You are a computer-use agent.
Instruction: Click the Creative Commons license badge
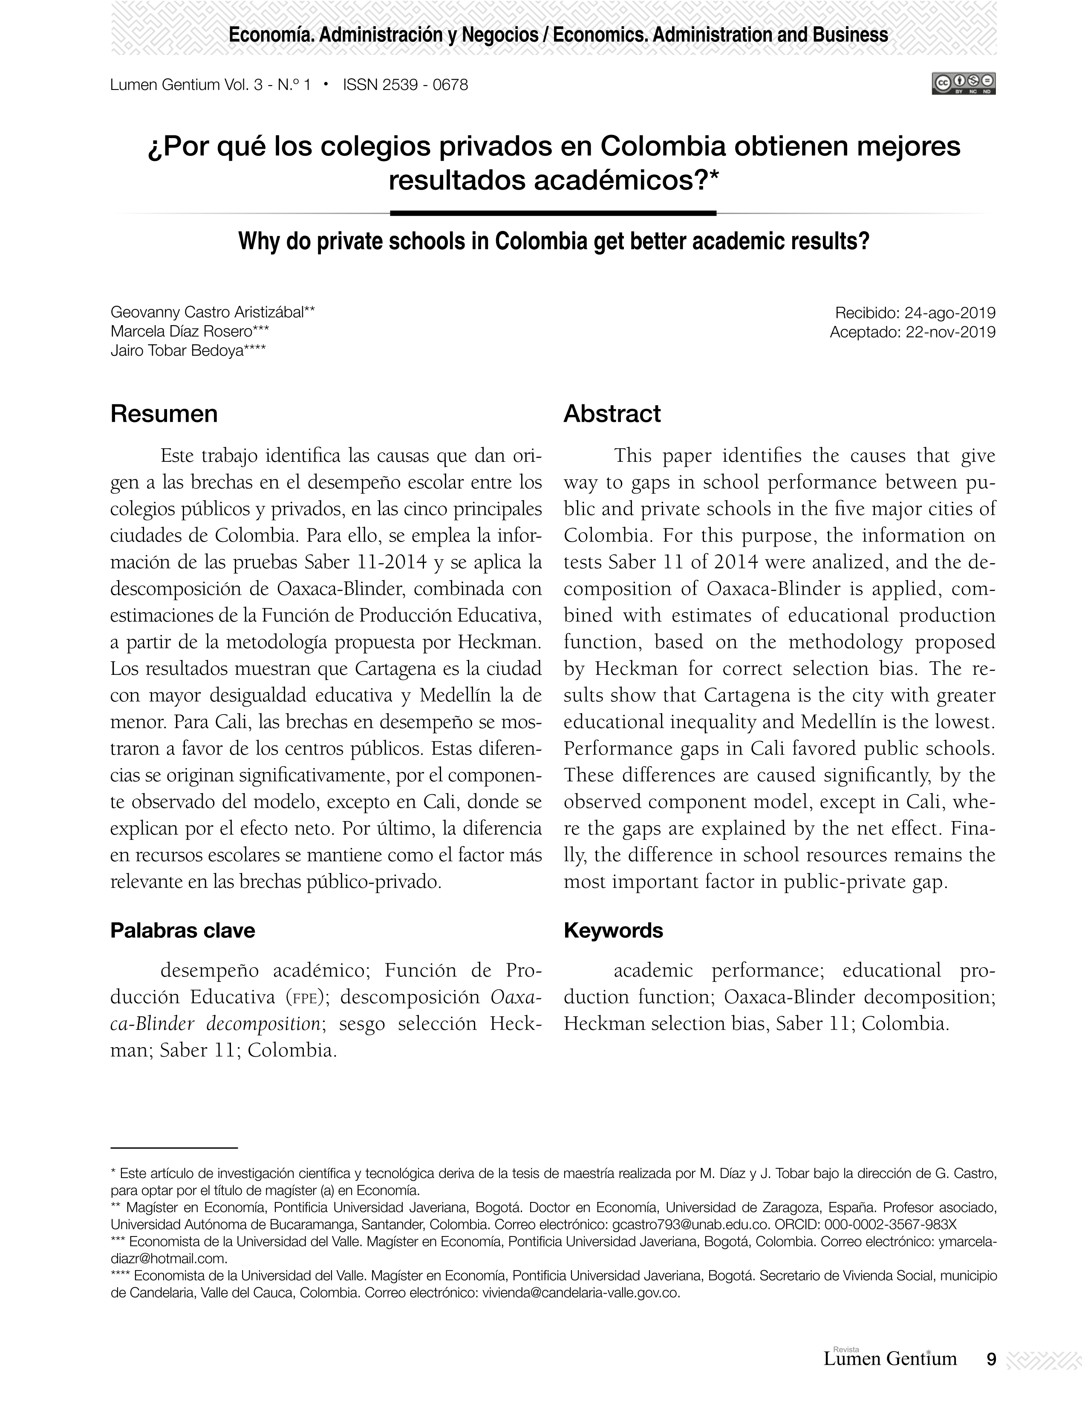[x=964, y=84]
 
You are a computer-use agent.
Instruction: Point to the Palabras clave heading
[x=182, y=931]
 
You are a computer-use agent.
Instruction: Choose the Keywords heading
[x=613, y=931]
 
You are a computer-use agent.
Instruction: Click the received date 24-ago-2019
[x=949, y=313]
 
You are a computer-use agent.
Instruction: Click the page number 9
[x=991, y=1359]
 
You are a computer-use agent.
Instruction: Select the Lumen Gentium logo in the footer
[x=889, y=1358]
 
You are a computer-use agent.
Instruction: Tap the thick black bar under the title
[x=553, y=213]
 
